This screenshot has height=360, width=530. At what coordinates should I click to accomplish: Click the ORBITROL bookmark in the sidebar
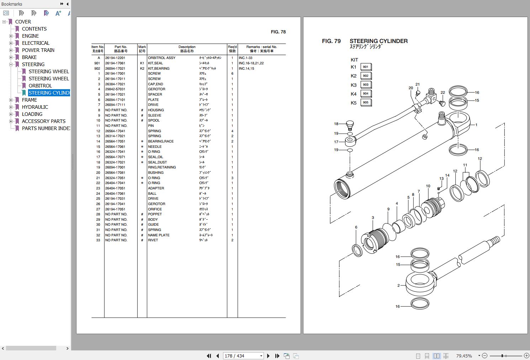coord(40,86)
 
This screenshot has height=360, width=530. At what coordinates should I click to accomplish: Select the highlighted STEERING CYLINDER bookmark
coord(49,93)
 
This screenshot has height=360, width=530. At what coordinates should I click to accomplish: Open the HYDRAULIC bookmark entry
coord(35,107)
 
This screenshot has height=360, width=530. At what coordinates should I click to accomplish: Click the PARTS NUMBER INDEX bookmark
coord(46,128)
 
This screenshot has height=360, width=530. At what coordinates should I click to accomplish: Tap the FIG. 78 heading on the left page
coord(278,32)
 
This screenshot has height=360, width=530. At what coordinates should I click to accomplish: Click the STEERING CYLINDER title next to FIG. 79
coord(378,41)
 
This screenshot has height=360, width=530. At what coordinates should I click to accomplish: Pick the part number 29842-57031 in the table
coord(115,89)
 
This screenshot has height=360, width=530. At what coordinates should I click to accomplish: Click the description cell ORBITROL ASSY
coord(161,58)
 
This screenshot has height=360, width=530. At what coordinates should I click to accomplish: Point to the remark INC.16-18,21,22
coord(251,63)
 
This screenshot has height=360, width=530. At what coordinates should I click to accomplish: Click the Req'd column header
coord(232,49)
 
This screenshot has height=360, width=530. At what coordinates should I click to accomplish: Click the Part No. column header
coord(121,49)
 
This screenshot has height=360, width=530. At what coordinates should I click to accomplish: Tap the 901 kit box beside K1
coord(366,67)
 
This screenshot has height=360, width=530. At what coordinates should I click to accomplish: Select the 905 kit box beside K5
coord(366,102)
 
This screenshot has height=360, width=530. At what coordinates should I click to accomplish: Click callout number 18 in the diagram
coord(336,124)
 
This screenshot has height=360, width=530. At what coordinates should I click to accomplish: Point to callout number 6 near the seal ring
coord(356,227)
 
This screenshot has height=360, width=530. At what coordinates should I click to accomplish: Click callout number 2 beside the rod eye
coord(398,285)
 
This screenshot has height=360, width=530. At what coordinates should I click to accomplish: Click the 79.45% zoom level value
coord(464,356)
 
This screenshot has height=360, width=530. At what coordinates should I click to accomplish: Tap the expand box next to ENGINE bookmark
coord(11,36)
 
